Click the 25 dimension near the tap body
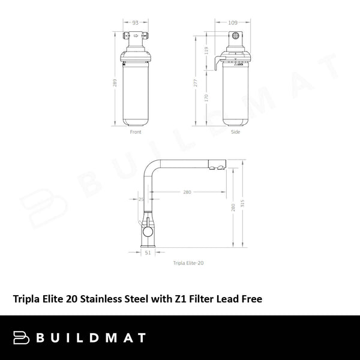[142, 199]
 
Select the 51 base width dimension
[148, 253]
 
